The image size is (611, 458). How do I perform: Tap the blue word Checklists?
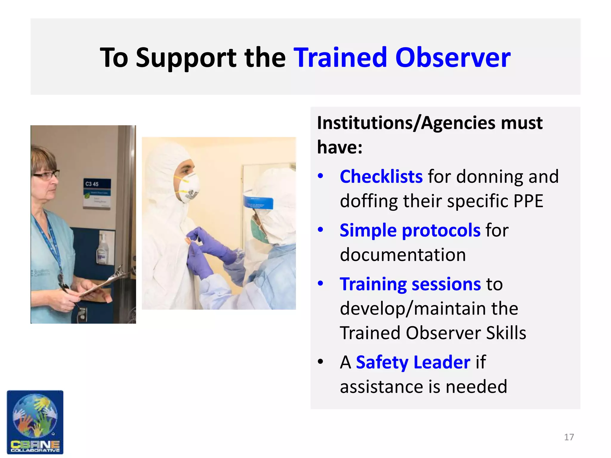(x=381, y=177)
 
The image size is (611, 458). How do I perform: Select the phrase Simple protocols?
(x=410, y=230)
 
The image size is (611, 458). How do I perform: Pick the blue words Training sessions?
(x=410, y=284)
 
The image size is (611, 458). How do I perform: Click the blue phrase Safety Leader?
(x=413, y=362)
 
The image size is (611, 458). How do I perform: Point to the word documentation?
(x=403, y=255)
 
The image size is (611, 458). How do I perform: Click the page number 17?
(x=569, y=437)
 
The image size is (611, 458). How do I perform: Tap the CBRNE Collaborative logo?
(x=35, y=422)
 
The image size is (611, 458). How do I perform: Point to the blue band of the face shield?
(x=258, y=202)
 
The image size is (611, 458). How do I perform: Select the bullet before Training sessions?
(x=320, y=284)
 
